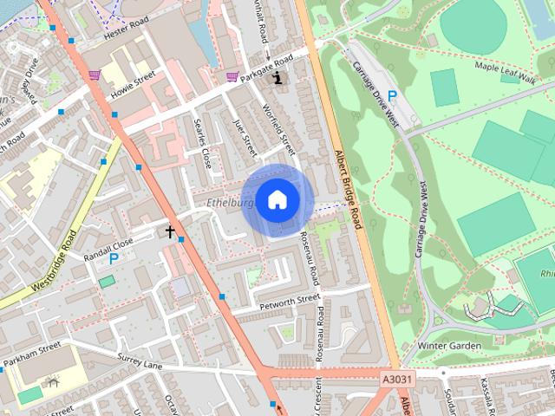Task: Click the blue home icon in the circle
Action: click(x=277, y=199)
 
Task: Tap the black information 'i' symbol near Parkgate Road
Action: click(x=278, y=78)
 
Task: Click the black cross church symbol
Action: click(x=171, y=231)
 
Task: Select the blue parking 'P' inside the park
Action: click(x=392, y=95)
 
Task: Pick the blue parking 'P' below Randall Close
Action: click(x=113, y=258)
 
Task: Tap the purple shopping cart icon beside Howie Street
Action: click(x=94, y=75)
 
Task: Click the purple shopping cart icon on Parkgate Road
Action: click(x=232, y=76)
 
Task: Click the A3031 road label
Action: click(x=396, y=379)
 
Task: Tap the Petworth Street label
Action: click(x=290, y=302)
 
